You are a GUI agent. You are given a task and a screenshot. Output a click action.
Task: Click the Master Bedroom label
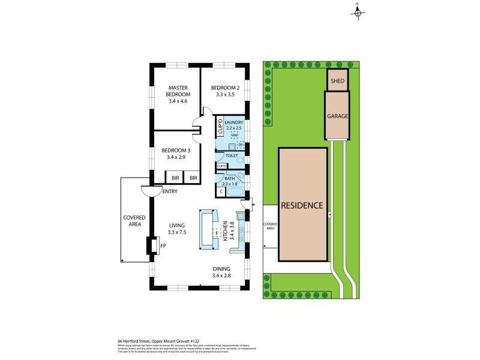178,91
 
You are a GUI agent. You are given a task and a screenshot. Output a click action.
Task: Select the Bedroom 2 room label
226,88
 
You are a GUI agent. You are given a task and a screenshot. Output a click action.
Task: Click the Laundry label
233,122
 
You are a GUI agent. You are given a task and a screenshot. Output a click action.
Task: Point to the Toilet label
232,155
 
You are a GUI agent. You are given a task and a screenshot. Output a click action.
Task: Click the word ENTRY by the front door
170,191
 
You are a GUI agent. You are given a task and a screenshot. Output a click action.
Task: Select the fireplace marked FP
162,245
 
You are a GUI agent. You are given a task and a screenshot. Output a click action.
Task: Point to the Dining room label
221,269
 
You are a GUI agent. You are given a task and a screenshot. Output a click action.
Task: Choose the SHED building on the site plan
337,80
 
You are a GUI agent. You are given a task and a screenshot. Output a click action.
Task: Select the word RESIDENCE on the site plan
302,205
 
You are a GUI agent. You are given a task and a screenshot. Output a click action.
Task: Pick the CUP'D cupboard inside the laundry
220,127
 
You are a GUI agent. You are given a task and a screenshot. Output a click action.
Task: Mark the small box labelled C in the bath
220,191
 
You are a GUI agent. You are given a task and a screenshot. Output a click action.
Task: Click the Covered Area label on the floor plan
132,221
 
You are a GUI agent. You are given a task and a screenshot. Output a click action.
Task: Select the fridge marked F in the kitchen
209,232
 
